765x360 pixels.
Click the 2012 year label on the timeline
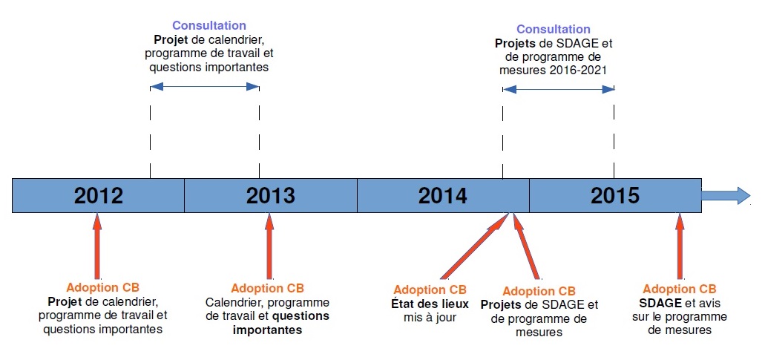coord(98,195)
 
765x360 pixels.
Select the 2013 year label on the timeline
coord(270,195)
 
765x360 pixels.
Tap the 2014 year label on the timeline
coord(442,195)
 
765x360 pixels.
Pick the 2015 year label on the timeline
coord(614,195)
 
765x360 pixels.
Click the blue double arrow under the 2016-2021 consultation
coord(559,88)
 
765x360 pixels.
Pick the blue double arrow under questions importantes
coord(205,87)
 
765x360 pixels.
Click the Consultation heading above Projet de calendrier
coord(209,26)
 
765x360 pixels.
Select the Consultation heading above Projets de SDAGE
coord(554,29)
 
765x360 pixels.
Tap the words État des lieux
coord(430,304)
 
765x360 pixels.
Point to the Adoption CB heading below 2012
coord(102,287)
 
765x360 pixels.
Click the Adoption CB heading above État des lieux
coord(430,289)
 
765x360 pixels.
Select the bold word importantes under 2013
coord(268,330)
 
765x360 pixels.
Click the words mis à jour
coord(430,317)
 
